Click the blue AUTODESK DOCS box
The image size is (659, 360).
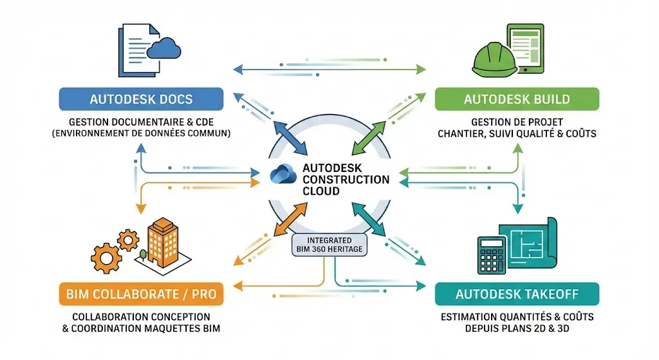pyautogui.click(x=141, y=99)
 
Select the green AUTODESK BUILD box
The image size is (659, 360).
pyautogui.click(x=517, y=99)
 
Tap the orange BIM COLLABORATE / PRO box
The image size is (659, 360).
pyautogui.click(x=141, y=295)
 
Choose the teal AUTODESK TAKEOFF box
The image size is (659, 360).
pyautogui.click(x=517, y=294)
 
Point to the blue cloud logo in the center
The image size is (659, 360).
pyautogui.click(x=284, y=175)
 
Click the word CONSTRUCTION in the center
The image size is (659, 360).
pyautogui.click(x=346, y=180)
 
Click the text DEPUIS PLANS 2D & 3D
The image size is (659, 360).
pyautogui.click(x=517, y=328)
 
